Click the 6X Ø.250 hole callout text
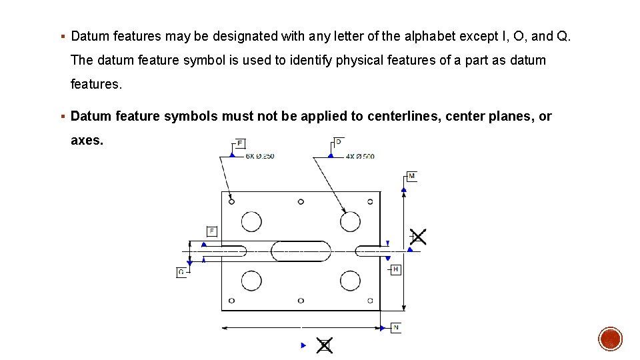coord(260,156)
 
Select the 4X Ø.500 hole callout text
coord(360,156)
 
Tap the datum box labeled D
coord(338,142)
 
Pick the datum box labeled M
coord(411,176)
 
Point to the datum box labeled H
coord(395,269)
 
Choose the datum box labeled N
coord(395,327)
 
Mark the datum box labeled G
coord(181,272)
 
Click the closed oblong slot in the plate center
coord(301,251)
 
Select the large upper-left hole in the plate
coord(251,221)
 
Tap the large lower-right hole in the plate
coord(350,281)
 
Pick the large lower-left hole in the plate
coord(251,281)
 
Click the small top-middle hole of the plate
coord(301,201)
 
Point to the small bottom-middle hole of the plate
coord(301,301)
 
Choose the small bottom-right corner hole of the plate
coord(370,301)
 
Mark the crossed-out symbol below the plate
coord(325,345)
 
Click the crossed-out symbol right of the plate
coord(418,237)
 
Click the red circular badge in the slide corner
coord(610,339)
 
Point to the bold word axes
coord(85,141)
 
